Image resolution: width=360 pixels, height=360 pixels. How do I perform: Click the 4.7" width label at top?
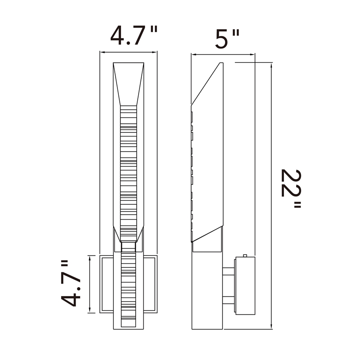click(x=134, y=35)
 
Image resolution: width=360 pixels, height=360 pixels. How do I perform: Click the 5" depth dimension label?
click(x=227, y=39)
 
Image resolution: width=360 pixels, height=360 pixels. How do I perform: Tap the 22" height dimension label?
click(x=291, y=189)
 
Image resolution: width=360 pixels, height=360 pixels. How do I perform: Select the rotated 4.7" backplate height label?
click(x=71, y=283)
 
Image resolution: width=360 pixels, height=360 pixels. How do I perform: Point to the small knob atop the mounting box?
click(x=245, y=256)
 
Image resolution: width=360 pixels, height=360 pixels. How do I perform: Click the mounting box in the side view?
click(x=245, y=286)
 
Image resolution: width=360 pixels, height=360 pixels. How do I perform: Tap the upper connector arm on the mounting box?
click(x=228, y=271)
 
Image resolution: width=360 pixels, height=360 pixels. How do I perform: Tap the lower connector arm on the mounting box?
click(x=228, y=300)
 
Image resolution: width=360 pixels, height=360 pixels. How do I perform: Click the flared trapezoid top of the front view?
click(x=128, y=84)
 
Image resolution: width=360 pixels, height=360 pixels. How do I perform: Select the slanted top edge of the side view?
click(x=206, y=84)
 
